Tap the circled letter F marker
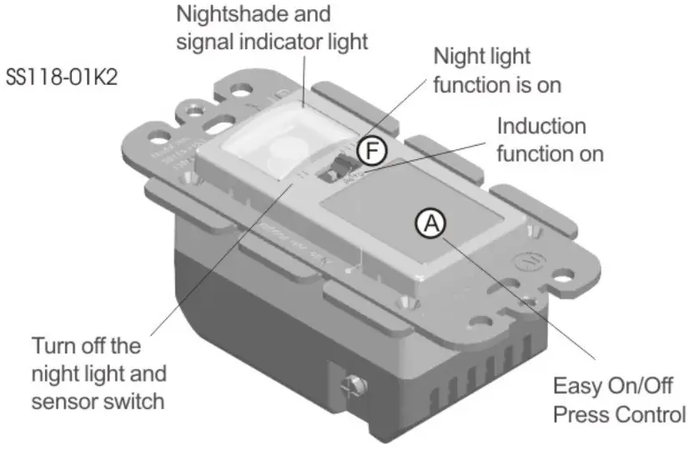click(x=371, y=150)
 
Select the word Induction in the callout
click(x=541, y=127)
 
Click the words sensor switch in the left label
click(x=97, y=401)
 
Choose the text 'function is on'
click(x=497, y=85)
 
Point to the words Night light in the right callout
click(x=481, y=57)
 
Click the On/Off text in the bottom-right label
click(x=638, y=387)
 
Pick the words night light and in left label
click(x=98, y=373)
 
